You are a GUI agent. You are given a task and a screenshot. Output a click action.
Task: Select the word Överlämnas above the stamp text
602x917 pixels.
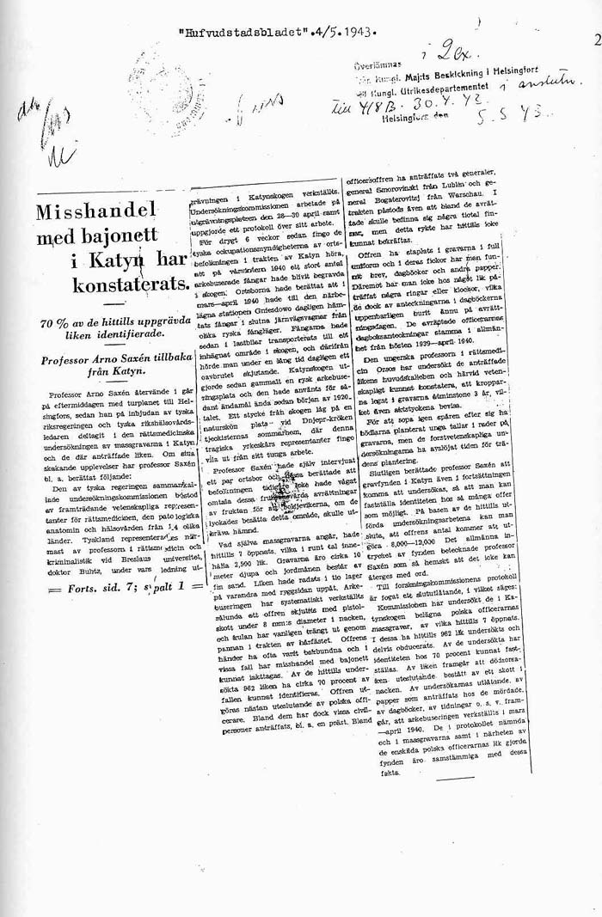[x=375, y=65]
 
